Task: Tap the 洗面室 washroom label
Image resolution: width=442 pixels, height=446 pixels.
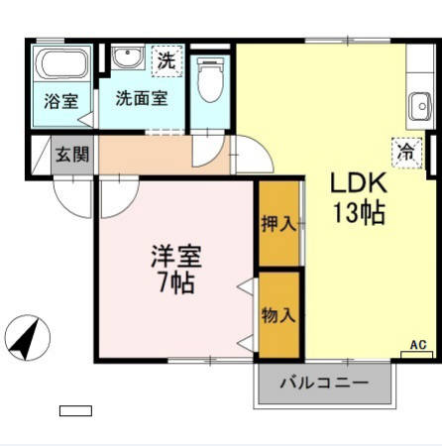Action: (142, 98)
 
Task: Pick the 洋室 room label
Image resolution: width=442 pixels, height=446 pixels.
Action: (176, 256)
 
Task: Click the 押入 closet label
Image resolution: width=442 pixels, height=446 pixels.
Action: (278, 224)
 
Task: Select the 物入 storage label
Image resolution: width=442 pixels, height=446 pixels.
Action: (278, 315)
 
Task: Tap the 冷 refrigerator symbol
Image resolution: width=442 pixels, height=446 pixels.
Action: (405, 151)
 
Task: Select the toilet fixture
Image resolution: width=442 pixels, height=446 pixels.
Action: (210, 81)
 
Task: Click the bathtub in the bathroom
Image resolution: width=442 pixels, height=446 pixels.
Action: (62, 67)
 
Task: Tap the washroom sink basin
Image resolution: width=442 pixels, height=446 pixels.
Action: (127, 58)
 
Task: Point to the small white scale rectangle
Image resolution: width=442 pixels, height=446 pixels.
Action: (75, 409)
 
